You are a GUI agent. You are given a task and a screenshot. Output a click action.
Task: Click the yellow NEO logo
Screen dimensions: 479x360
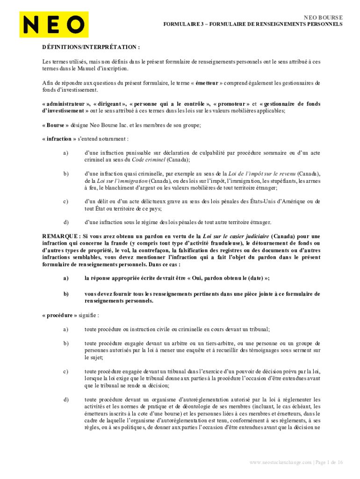pos(54,24)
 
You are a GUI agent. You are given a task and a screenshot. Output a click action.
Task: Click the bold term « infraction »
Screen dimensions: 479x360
pos(59,139)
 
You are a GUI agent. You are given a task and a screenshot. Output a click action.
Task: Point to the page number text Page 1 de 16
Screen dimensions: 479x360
pos(329,463)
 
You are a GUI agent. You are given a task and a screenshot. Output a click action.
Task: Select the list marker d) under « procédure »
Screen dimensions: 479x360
pos(65,399)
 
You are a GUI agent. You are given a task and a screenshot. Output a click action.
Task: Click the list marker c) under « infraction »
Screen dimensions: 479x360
pos(65,202)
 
